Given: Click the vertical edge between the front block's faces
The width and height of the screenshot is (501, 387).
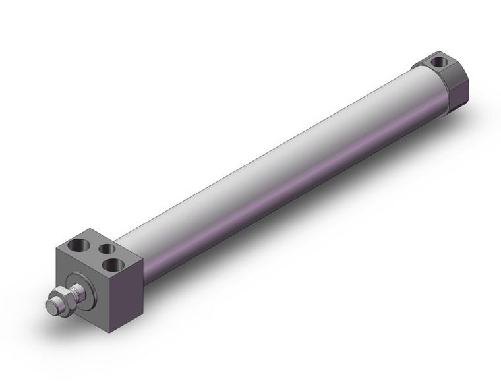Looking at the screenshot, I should [109, 297].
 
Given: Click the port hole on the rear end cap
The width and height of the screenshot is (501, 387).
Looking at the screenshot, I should [440, 63].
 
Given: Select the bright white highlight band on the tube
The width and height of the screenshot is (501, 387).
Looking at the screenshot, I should [264, 158].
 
